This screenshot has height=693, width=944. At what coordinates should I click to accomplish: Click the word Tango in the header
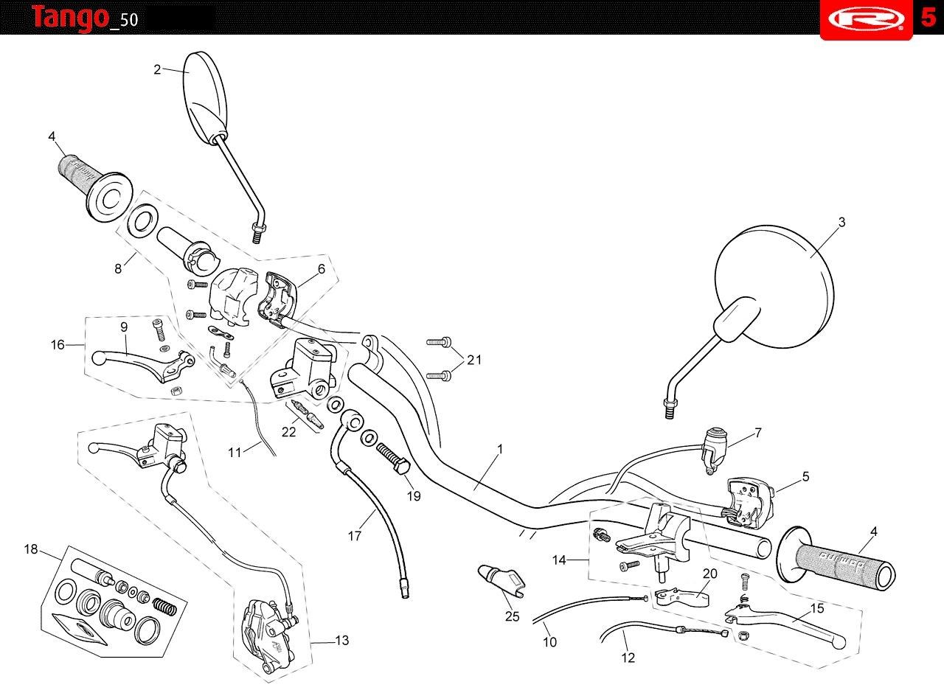click(70, 18)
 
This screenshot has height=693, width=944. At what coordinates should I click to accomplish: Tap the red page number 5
click(929, 17)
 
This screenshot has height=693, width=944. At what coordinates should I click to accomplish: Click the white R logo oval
click(867, 18)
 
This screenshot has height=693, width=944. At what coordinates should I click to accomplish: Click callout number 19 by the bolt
click(414, 496)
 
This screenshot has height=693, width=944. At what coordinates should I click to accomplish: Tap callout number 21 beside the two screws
click(474, 360)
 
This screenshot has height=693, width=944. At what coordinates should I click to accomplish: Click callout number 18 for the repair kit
click(31, 549)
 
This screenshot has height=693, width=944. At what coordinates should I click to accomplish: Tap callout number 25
click(512, 616)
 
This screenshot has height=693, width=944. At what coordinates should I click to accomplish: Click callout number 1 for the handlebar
click(500, 450)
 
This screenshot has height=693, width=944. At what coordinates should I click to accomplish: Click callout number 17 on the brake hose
click(355, 536)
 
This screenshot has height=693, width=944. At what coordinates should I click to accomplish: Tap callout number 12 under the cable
click(628, 658)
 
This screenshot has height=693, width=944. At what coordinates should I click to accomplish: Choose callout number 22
click(288, 432)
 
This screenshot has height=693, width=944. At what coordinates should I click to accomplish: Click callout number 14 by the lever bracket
click(559, 560)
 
